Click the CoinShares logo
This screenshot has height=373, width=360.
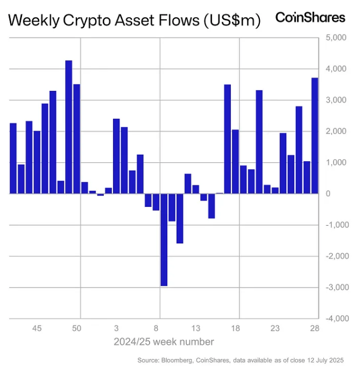pos(310,17)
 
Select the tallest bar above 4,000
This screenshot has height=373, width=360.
pos(69,127)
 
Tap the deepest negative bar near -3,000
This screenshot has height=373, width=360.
pos(164,240)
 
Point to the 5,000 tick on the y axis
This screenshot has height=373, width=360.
pos(335,38)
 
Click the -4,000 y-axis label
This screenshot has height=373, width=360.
pos(334,319)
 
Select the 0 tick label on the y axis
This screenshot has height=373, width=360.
pos(328,193)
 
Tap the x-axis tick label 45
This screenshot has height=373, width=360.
pos(37,328)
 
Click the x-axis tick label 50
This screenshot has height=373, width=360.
pos(77,328)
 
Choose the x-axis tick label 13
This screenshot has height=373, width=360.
pos(196,328)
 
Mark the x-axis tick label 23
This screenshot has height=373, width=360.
pos(275,328)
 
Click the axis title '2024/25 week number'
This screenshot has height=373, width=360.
pos(164,342)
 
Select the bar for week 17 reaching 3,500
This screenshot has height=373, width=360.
pos(227,139)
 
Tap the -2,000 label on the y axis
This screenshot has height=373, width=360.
pos(334,256)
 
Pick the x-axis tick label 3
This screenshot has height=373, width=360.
pos(116,328)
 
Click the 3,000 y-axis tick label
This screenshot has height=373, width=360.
pos(335,101)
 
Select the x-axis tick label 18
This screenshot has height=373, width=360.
pos(235,328)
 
